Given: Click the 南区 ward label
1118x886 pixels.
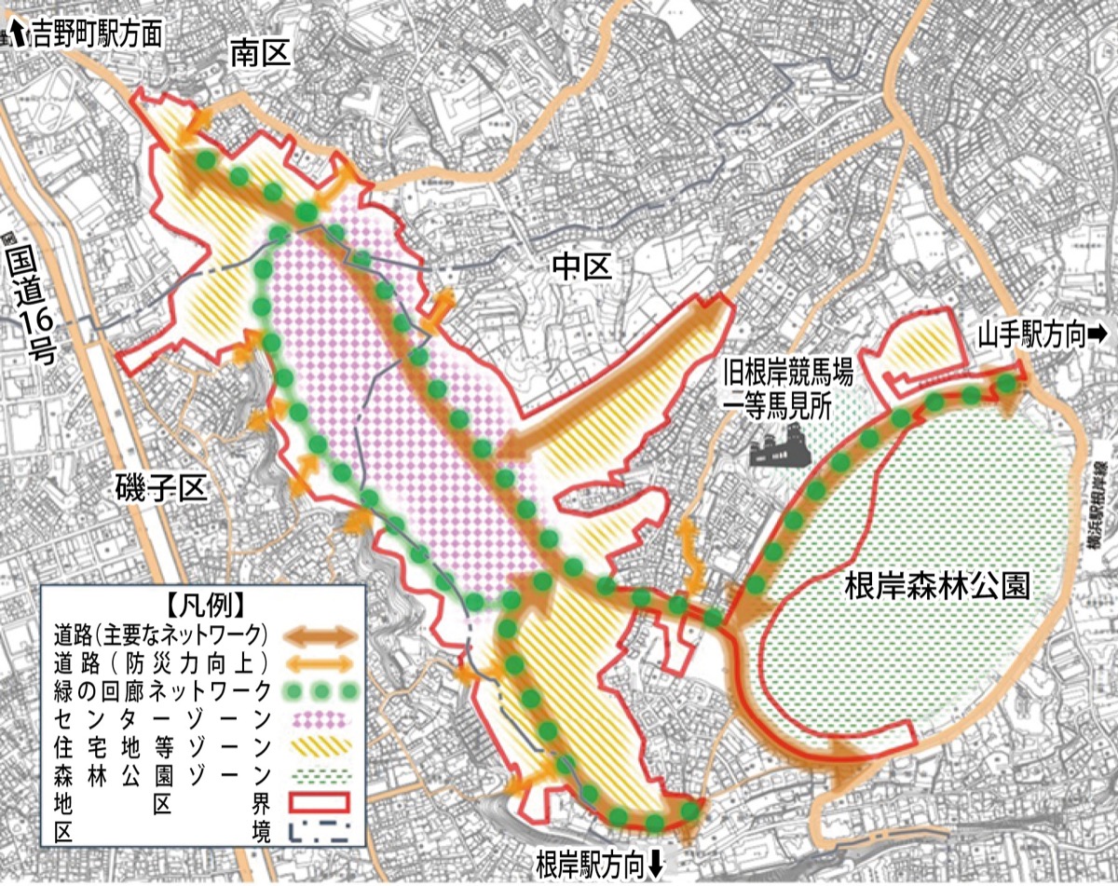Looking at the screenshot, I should coord(261,56).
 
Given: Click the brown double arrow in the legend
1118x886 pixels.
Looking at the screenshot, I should coord(321,638).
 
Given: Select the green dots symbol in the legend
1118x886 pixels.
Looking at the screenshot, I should coord(322,691).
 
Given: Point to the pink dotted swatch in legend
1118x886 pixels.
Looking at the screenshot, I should coord(322,719).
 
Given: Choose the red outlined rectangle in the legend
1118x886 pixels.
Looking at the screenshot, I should coord(322,802).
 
